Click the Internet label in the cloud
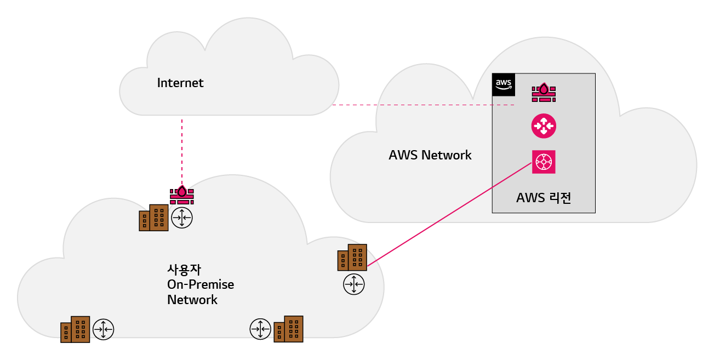coord(180,83)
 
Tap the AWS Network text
coord(430,155)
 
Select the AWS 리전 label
coord(544,198)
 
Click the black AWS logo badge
coord(503,84)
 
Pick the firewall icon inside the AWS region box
coord(544,92)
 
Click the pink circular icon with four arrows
coord(544,125)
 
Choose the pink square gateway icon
coord(544,162)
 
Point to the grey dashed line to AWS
coord(422,105)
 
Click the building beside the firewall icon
coord(153,218)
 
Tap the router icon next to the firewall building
coord(182,218)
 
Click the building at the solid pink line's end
coord(352,258)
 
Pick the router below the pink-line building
coord(354,284)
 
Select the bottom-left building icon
coord(75,329)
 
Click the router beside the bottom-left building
coord(103,329)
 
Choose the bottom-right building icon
coord(288,329)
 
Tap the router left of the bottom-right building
coord(260,329)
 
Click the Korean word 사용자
coord(181,270)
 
